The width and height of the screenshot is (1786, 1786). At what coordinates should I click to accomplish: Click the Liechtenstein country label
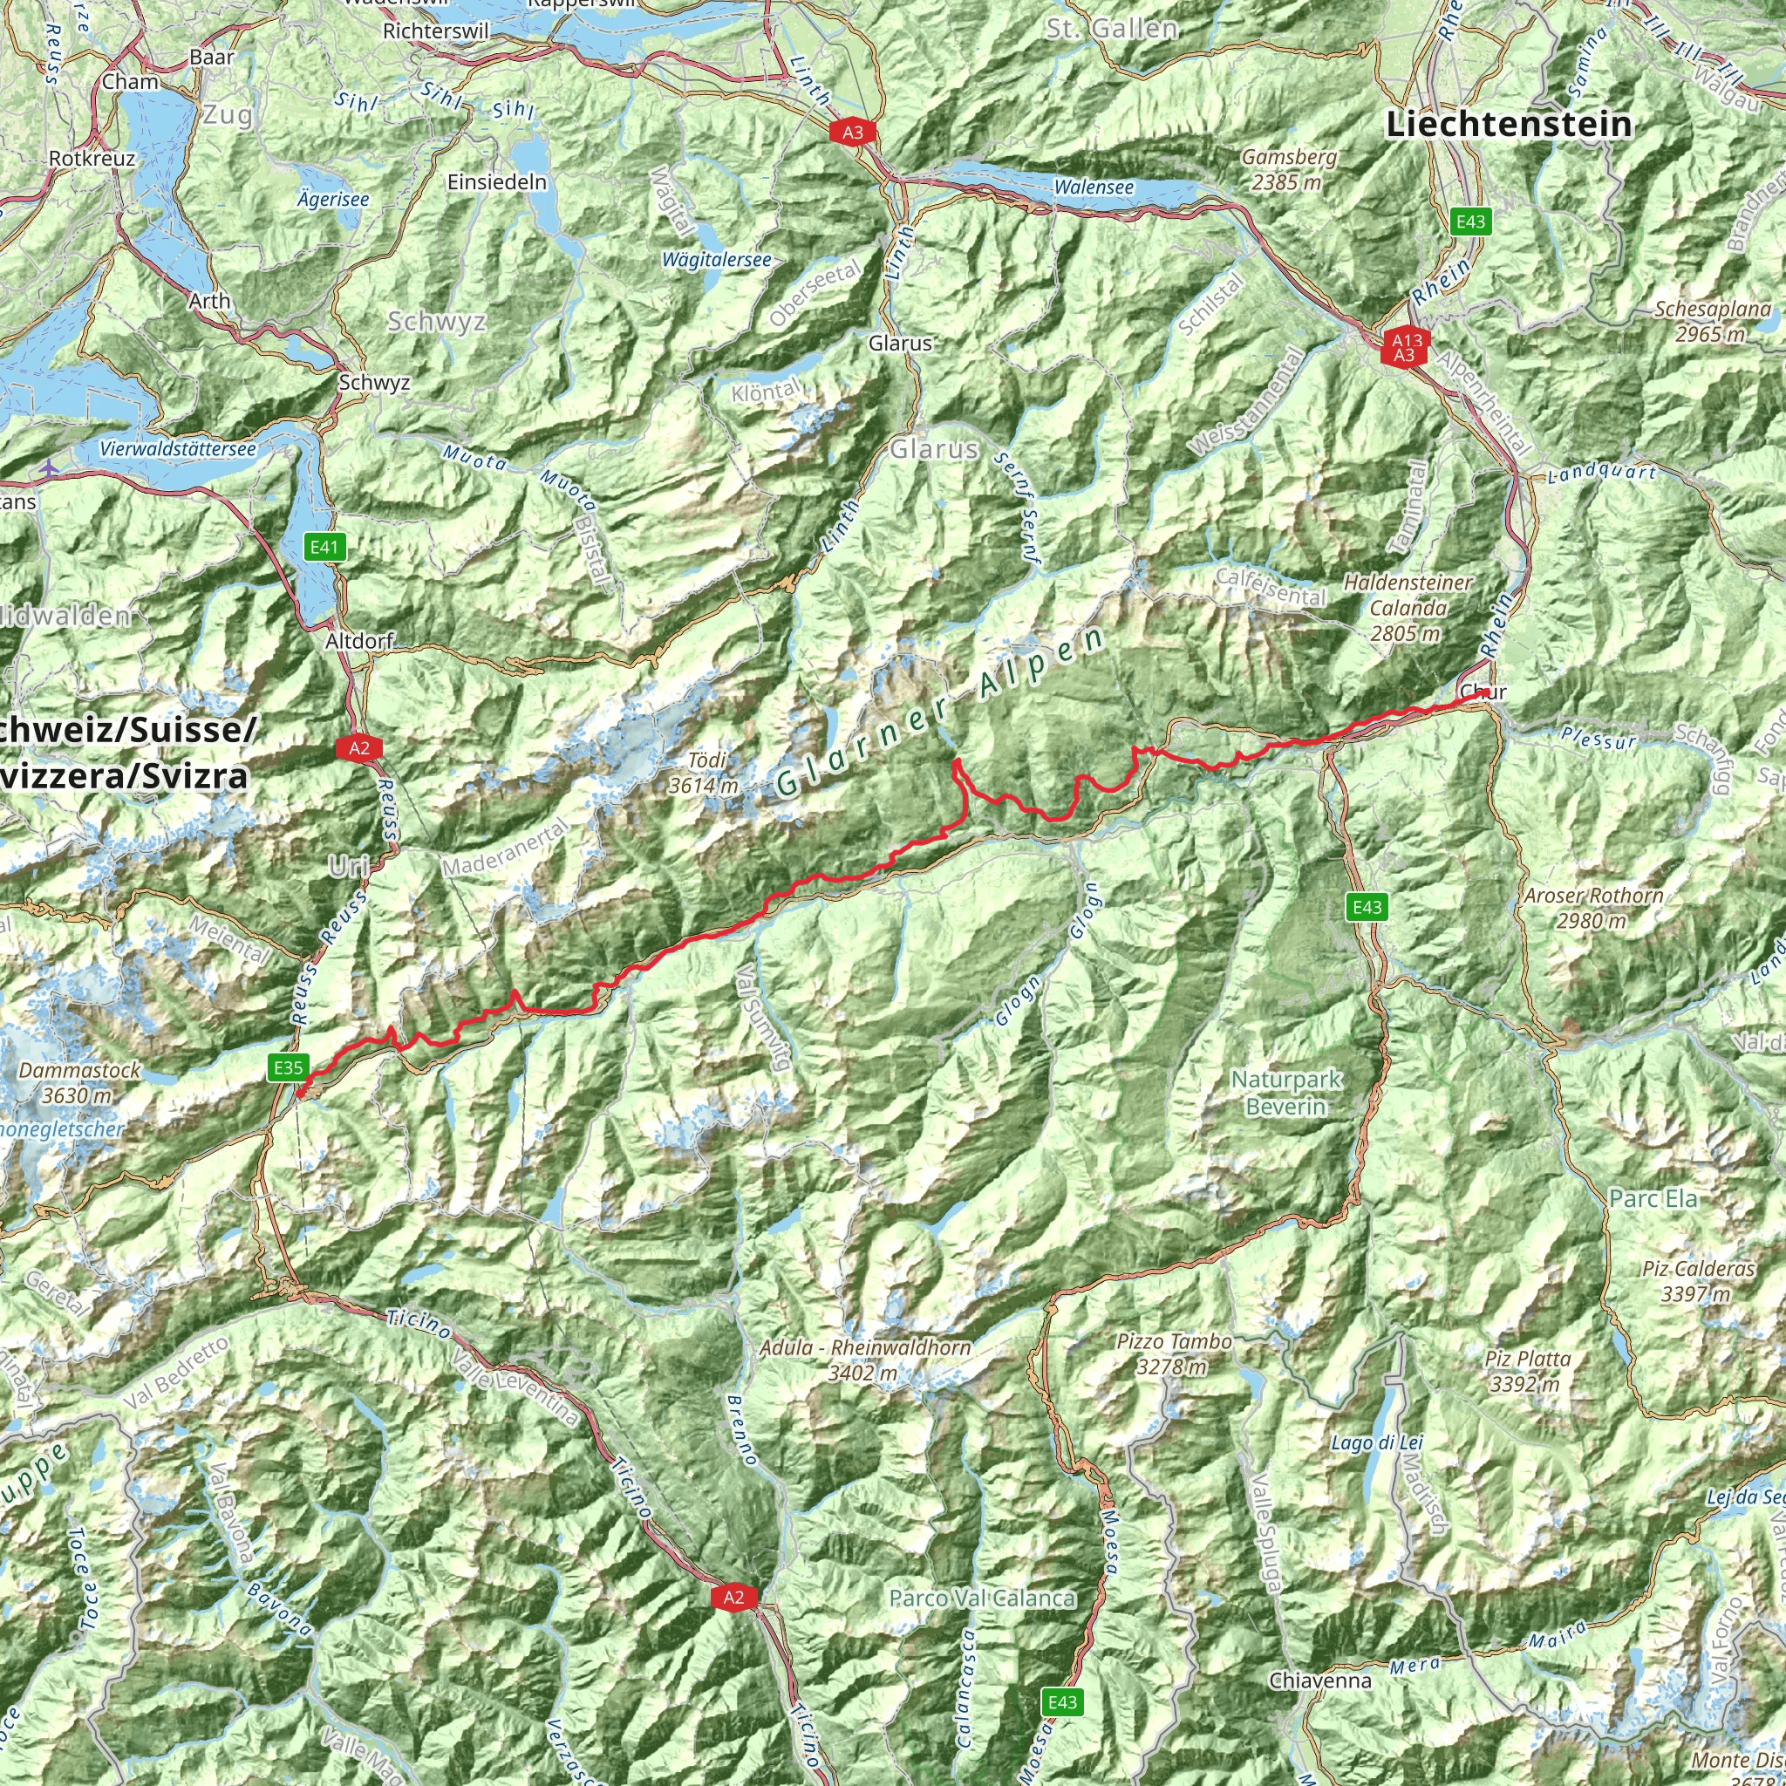pos(1509,124)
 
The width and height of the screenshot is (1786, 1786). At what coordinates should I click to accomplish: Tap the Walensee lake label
pos(1094,187)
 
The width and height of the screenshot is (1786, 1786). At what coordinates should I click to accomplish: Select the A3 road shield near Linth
pos(852,133)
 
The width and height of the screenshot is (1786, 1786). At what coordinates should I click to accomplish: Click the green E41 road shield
pos(324,548)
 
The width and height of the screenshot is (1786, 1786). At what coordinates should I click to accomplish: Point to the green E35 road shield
pos(288,1068)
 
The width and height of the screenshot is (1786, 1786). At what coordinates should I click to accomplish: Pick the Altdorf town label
pos(359,641)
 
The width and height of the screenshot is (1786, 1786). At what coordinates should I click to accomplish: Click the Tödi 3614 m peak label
pos(706,773)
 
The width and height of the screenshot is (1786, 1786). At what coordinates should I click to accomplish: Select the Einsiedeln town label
pos(497,182)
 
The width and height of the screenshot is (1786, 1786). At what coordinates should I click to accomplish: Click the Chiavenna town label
pos(1320,1680)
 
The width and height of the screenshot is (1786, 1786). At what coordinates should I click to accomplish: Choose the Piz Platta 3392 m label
pos(1527,1371)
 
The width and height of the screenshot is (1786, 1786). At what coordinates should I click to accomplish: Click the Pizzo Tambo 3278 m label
pos(1174,1353)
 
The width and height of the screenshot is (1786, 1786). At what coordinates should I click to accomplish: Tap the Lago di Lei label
pos(1376,1442)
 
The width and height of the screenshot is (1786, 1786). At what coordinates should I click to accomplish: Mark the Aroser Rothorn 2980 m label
pos(1594,908)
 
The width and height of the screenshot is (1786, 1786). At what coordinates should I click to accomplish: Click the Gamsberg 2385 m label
pos(1289,169)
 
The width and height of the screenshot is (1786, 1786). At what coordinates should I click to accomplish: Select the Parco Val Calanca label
pos(982,1599)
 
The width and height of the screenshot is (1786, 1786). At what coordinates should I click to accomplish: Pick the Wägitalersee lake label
pos(717,261)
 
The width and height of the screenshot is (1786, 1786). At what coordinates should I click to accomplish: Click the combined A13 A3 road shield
pos(1406,349)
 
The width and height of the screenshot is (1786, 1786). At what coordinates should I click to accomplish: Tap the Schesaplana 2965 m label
pos(1713,321)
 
